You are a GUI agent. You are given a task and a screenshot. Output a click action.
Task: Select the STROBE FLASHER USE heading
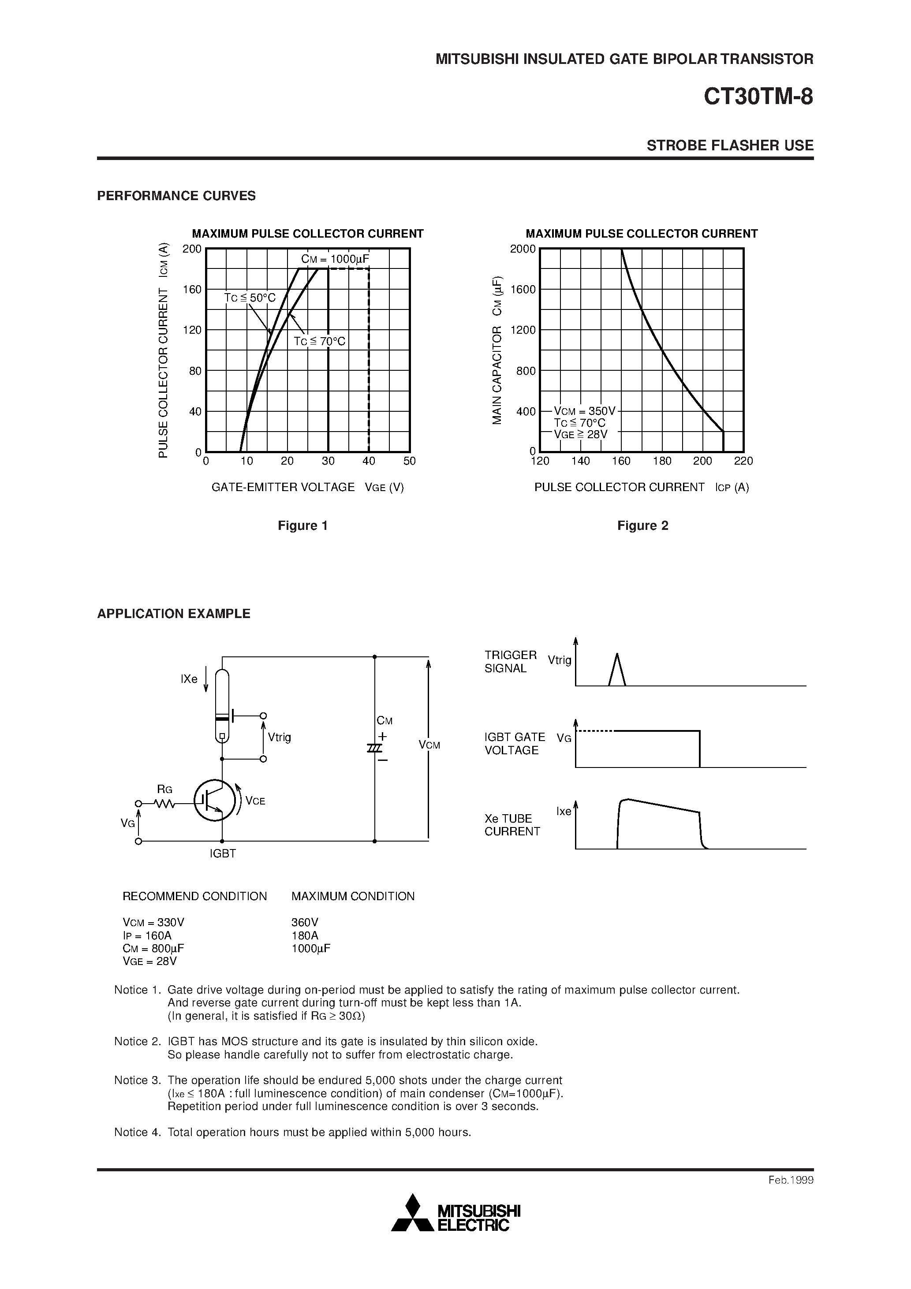click(x=730, y=145)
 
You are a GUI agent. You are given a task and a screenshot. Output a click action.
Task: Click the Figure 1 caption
click(x=303, y=525)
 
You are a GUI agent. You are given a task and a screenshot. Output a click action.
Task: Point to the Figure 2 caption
click(x=642, y=525)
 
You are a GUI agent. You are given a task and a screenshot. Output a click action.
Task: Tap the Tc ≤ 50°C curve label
click(x=250, y=298)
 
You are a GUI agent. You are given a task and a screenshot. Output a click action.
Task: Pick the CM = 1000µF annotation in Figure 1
click(x=335, y=259)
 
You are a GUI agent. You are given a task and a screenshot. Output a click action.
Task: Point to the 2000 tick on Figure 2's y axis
click(x=523, y=249)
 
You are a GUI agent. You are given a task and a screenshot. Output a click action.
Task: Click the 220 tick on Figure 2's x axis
click(x=743, y=461)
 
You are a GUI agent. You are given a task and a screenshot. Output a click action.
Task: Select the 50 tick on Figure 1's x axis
click(x=410, y=461)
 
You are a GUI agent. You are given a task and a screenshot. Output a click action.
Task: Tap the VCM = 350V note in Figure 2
click(x=585, y=411)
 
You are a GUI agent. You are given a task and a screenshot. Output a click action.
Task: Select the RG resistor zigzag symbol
click(x=164, y=804)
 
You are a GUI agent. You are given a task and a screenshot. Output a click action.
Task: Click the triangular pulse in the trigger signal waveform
click(x=617, y=670)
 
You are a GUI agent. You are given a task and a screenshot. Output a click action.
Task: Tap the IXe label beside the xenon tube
click(x=189, y=679)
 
